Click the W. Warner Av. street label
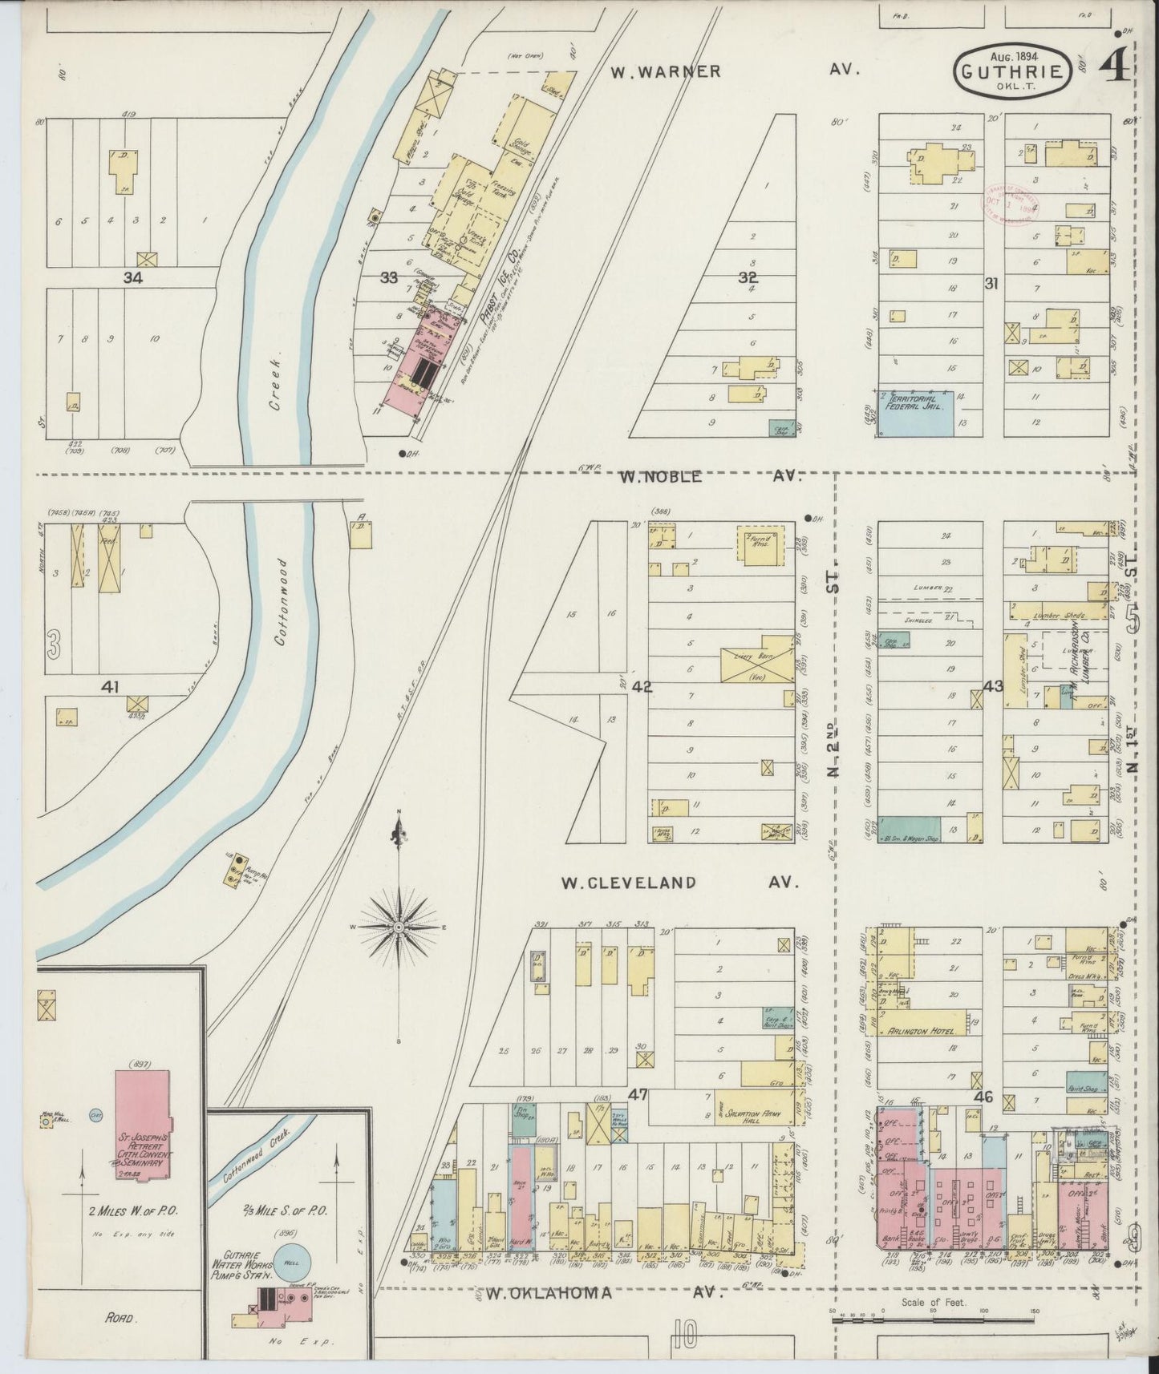[734, 71]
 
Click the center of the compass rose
[398, 927]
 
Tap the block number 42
[642, 687]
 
